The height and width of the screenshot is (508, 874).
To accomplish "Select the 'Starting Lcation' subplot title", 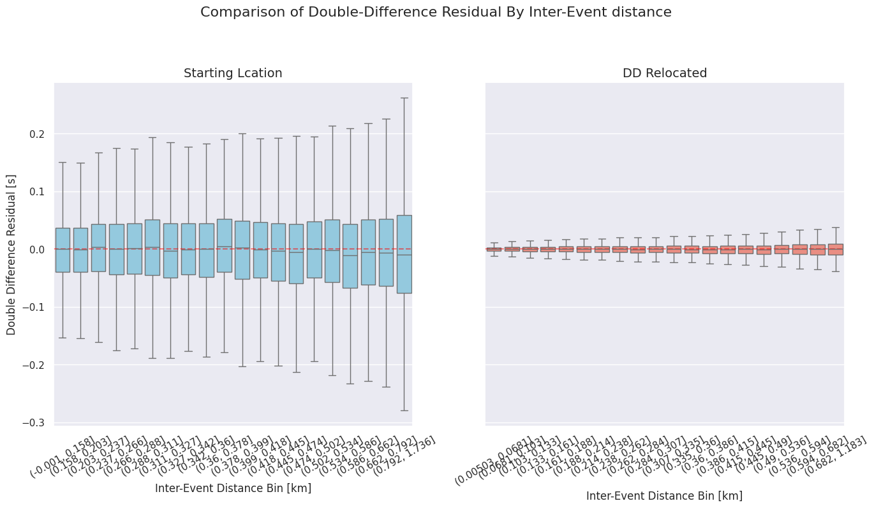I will click(x=233, y=73).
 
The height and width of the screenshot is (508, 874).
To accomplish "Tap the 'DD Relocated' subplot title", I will click(x=665, y=73).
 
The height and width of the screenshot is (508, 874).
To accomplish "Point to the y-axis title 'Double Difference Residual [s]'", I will click(x=11, y=253).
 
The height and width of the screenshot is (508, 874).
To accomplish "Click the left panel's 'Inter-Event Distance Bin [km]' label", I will click(x=233, y=488).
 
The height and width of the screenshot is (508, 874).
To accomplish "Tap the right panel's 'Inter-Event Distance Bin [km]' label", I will click(x=664, y=496).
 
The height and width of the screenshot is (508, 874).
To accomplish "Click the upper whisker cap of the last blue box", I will click(x=404, y=98).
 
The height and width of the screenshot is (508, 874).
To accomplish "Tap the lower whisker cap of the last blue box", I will click(x=404, y=410).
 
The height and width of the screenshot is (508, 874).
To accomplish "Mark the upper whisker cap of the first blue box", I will click(x=63, y=162).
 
